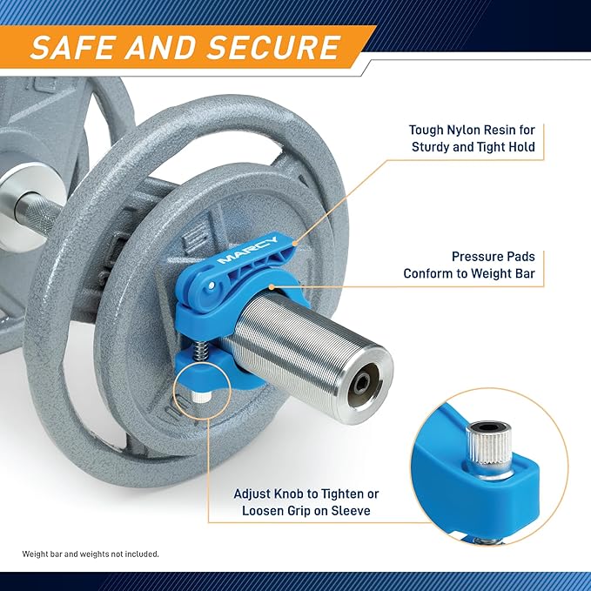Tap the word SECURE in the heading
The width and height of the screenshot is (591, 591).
(273, 47)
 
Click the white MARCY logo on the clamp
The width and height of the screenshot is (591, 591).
(248, 250)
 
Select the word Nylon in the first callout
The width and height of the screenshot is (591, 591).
(463, 131)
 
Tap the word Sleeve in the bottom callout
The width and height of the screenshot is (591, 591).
(351, 511)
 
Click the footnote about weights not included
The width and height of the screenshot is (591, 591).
(91, 554)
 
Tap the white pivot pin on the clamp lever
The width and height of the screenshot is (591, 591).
(212, 285)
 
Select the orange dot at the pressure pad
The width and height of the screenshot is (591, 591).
(272, 287)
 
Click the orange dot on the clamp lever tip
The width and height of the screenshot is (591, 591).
(296, 244)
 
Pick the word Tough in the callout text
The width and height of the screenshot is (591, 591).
(426, 131)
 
